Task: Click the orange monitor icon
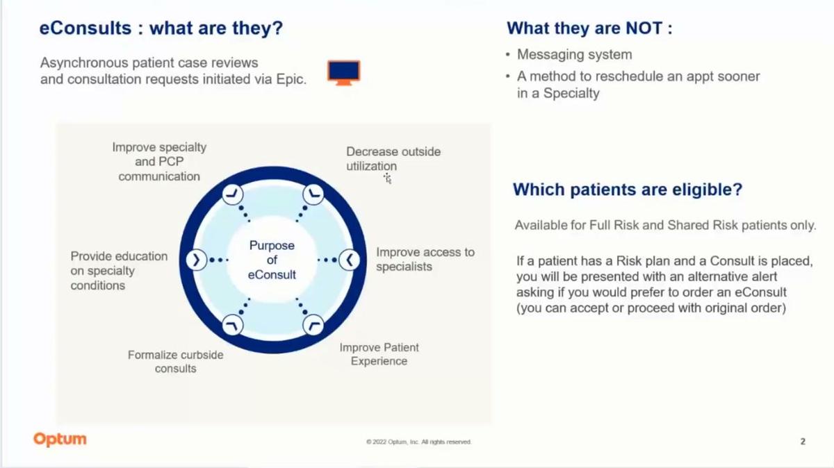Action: [x=343, y=72]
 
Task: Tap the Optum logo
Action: [x=60, y=439]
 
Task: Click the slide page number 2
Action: [x=803, y=441]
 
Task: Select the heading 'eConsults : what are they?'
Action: [x=161, y=28]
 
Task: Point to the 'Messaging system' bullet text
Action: [x=574, y=54]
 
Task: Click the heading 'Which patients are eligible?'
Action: [x=627, y=189]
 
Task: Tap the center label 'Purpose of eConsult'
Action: [x=272, y=260]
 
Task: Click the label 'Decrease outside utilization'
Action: [x=393, y=158]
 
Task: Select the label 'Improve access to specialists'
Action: [x=425, y=259]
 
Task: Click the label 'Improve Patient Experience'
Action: [x=379, y=354]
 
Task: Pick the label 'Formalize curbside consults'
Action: [x=175, y=361]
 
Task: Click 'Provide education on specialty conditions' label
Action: [x=119, y=270]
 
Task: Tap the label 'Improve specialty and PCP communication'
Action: [x=159, y=162]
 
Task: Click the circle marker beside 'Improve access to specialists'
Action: [x=349, y=260]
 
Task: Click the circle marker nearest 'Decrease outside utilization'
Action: [x=313, y=194]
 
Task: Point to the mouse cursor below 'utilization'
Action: [x=388, y=179]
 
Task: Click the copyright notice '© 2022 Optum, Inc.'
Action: [x=418, y=442]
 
